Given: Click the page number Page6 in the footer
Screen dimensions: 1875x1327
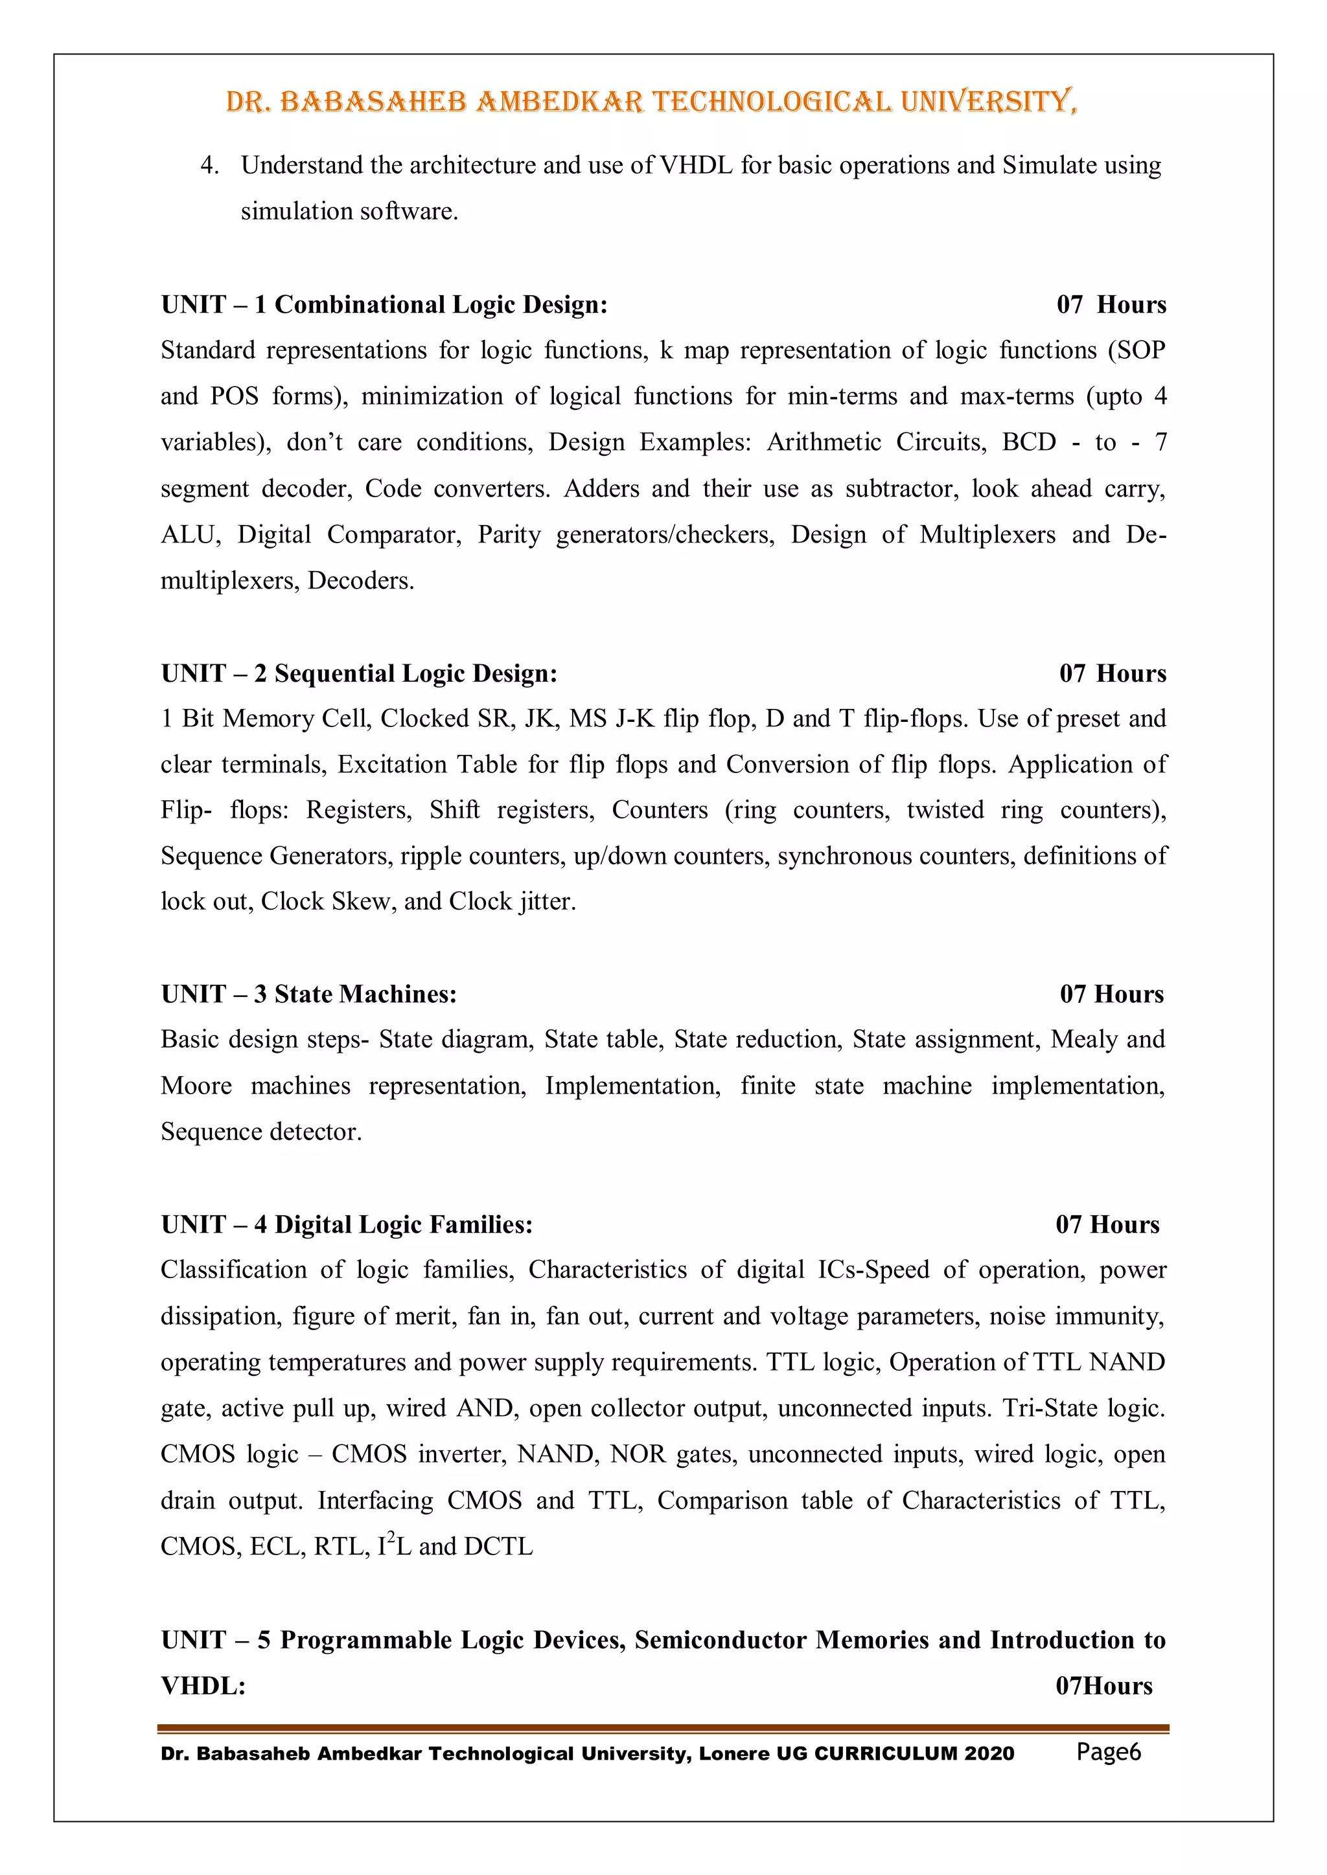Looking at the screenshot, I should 1108,1751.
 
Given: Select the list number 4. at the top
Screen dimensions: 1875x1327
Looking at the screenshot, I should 209,165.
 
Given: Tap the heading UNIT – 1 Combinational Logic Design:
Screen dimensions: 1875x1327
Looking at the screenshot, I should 384,304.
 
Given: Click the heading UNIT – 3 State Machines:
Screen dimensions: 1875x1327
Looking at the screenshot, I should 309,994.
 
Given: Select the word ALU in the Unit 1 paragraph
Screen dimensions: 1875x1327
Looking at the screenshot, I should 188,535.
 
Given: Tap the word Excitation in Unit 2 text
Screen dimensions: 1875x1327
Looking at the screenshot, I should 392,765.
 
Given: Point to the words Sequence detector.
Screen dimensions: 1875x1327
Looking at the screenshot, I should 260,1132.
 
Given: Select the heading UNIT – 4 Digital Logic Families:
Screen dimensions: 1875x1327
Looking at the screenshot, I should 347,1224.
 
